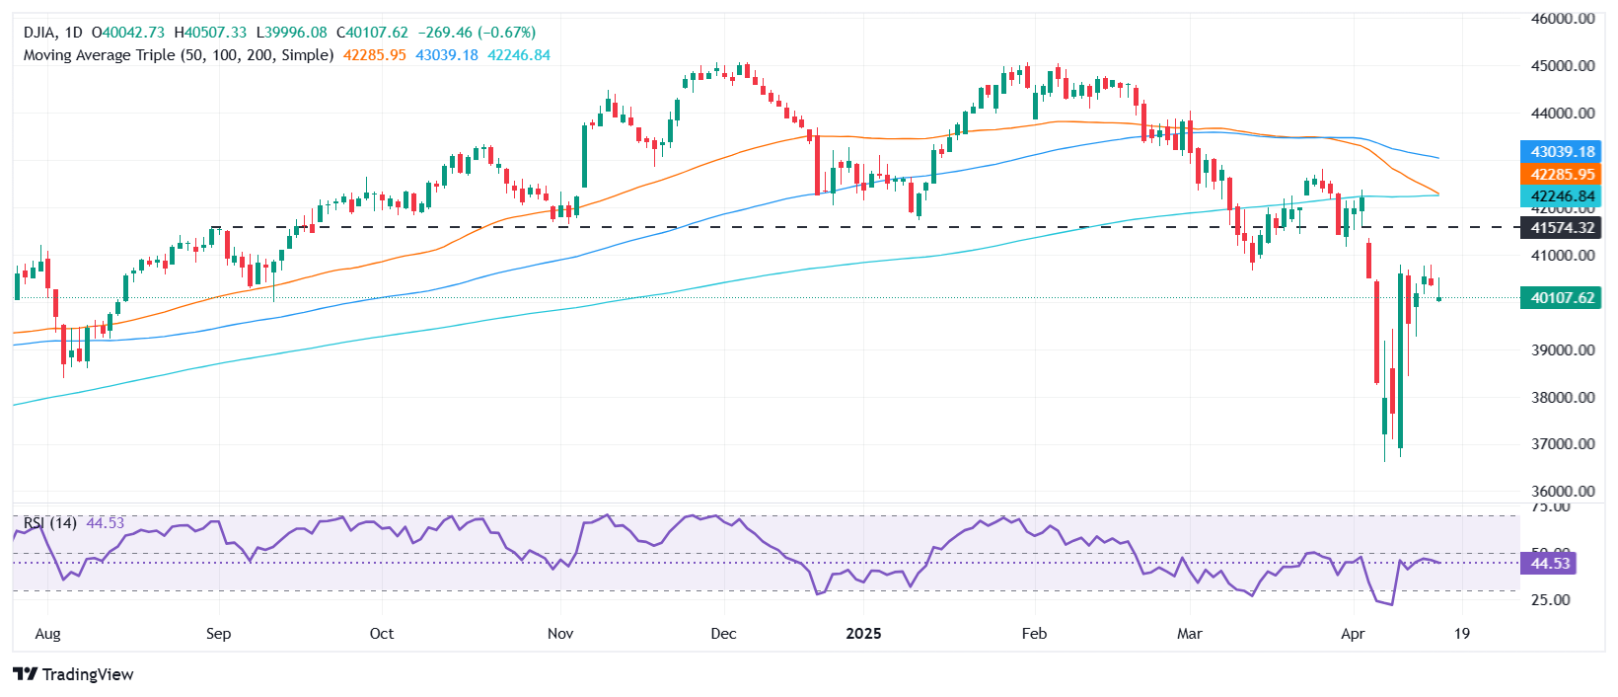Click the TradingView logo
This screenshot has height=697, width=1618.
pyautogui.click(x=74, y=674)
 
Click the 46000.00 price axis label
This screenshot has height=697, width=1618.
pyautogui.click(x=1563, y=19)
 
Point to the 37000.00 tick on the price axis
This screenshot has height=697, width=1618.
pyautogui.click(x=1563, y=444)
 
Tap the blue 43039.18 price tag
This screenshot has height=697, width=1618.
pyautogui.click(x=1562, y=152)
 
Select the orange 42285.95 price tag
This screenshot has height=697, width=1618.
pyautogui.click(x=1562, y=175)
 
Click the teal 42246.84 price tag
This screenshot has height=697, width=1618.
pyautogui.click(x=1562, y=196)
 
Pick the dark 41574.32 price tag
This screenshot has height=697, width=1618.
pyautogui.click(x=1562, y=228)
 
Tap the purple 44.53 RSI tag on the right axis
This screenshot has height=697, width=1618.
pyautogui.click(x=1549, y=564)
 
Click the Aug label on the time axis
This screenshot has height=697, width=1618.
pyautogui.click(x=47, y=634)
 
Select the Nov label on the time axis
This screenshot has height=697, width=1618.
pyautogui.click(x=560, y=634)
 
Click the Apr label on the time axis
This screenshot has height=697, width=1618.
pyautogui.click(x=1353, y=634)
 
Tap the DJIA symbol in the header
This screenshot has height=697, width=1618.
pyautogui.click(x=41, y=33)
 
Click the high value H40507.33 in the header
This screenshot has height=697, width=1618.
pyautogui.click(x=210, y=33)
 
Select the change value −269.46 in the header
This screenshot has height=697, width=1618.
pyautogui.click(x=454, y=33)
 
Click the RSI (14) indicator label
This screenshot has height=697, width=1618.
pyautogui.click(x=49, y=522)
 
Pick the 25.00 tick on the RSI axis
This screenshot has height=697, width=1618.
pyautogui.click(x=1550, y=600)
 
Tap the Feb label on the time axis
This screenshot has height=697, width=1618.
pyautogui.click(x=1034, y=634)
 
